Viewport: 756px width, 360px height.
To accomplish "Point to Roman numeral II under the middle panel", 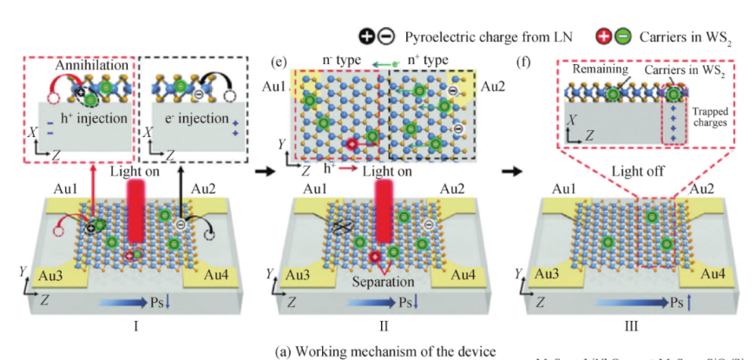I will pyautogui.click(x=382, y=327).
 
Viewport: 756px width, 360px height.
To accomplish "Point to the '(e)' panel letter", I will pyautogui.click(x=279, y=62).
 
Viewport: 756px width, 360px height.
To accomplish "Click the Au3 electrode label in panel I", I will pyautogui.click(x=45, y=277).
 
